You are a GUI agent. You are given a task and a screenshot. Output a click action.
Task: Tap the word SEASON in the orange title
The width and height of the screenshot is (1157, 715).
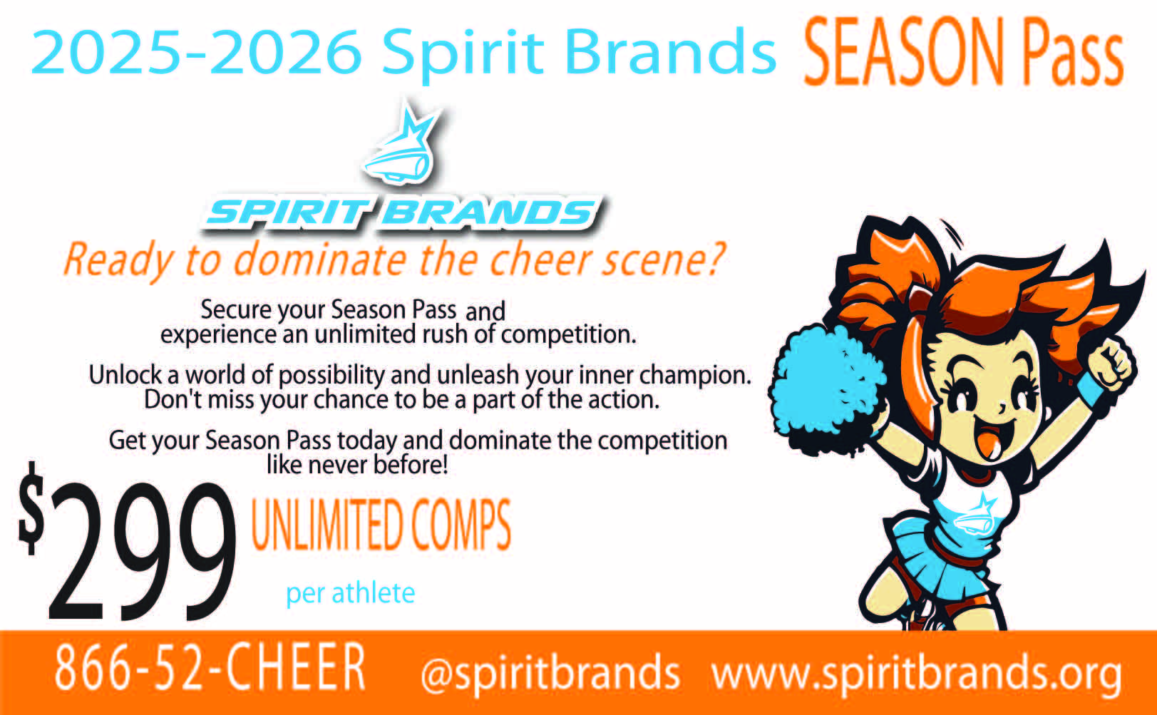(x=904, y=51)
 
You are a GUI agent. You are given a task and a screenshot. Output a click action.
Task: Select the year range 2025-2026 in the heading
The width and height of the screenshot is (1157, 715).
(x=197, y=52)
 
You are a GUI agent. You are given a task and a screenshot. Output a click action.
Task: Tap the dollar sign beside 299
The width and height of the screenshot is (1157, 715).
(x=31, y=508)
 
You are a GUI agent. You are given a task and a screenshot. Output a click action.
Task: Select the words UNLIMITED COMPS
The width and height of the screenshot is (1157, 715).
(x=381, y=525)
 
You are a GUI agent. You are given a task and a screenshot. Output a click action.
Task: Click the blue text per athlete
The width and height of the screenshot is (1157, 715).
(x=351, y=593)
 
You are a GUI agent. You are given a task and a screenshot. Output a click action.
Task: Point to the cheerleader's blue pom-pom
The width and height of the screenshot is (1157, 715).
(x=826, y=389)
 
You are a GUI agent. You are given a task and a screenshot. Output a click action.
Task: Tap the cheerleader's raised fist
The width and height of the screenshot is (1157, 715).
(x=1111, y=364)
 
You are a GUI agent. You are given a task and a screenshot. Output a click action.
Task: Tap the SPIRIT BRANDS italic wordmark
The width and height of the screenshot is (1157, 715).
(x=403, y=212)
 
